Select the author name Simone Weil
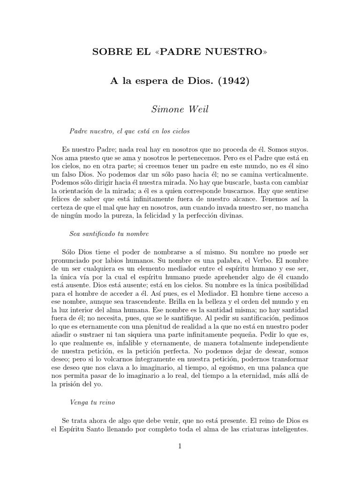click(x=180, y=109)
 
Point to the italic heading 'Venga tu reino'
click(x=92, y=402)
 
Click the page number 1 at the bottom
click(x=180, y=446)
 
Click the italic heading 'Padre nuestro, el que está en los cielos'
click(x=129, y=131)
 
